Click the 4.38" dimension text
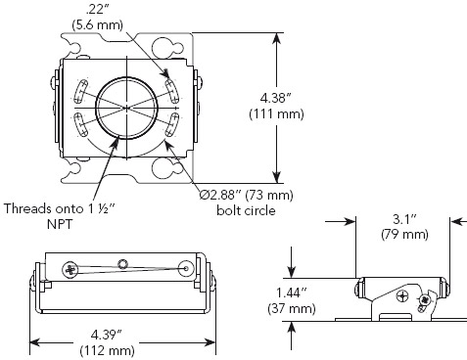point(276,98)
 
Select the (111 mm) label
point(276,114)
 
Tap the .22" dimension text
point(95,10)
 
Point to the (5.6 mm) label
point(97,24)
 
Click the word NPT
point(60,224)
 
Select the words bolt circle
point(246,210)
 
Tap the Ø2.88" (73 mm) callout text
point(247,195)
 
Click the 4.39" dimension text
point(107,335)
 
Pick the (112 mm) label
point(108,350)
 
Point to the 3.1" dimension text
point(404,219)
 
